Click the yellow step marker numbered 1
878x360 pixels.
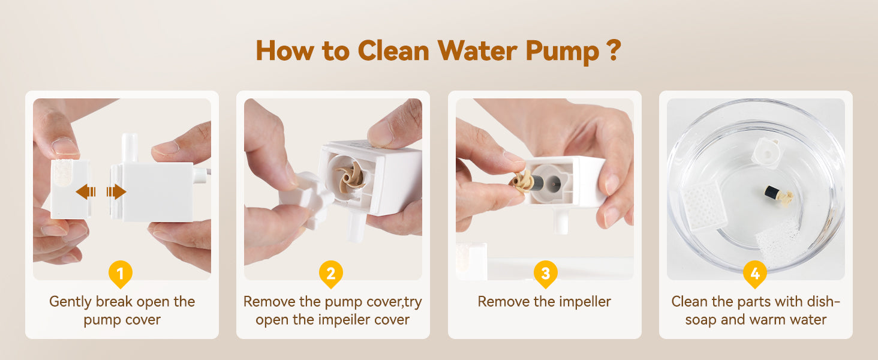(x=121, y=274)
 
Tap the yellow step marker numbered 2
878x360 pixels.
(x=331, y=274)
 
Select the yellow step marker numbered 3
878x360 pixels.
(x=545, y=274)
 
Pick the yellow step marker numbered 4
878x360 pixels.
(x=755, y=274)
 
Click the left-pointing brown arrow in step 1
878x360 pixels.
(x=86, y=192)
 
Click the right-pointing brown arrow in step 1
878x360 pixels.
(x=116, y=192)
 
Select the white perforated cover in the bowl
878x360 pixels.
(x=704, y=206)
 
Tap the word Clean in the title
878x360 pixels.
(x=393, y=50)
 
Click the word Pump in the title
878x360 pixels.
(x=563, y=52)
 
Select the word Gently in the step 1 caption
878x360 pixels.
(x=71, y=302)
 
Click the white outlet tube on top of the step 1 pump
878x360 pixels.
(x=130, y=148)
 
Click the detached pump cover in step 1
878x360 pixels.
(x=71, y=189)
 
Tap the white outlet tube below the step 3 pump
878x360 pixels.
(x=561, y=220)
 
